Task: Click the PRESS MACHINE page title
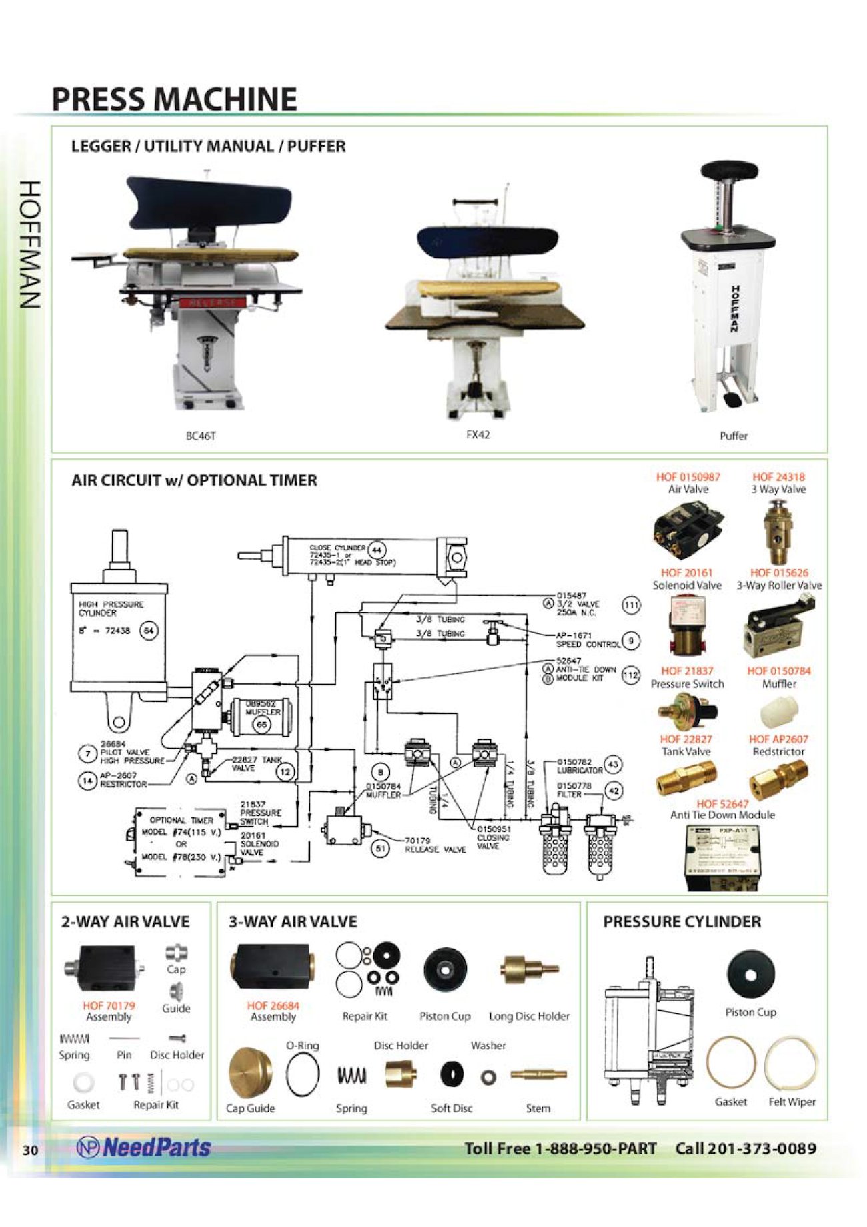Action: click(x=174, y=99)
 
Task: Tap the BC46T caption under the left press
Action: click(x=201, y=436)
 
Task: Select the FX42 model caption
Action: click(x=478, y=434)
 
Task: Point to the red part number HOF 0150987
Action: click(x=688, y=477)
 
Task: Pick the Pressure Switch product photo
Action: click(x=686, y=709)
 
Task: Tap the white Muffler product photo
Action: click(x=778, y=711)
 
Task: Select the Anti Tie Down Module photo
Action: click(x=722, y=857)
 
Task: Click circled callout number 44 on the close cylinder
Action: click(x=377, y=550)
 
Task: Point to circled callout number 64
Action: click(x=149, y=631)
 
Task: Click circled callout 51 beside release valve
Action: click(x=380, y=849)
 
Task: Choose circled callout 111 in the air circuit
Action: click(x=631, y=605)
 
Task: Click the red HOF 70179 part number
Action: click(x=109, y=1005)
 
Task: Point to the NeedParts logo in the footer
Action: click(x=144, y=1148)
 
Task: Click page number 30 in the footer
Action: click(x=30, y=1150)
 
